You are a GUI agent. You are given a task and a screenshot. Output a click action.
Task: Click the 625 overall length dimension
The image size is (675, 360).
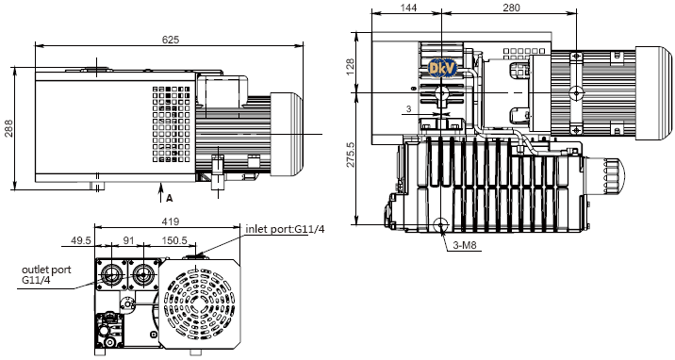click(x=171, y=40)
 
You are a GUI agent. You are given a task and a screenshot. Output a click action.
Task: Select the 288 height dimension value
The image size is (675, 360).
click(x=8, y=128)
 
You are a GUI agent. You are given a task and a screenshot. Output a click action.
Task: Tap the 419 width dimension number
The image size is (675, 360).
click(x=171, y=221)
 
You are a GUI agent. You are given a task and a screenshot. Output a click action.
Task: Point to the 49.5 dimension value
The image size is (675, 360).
click(x=81, y=240)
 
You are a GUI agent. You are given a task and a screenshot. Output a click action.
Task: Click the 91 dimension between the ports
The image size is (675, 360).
click(x=129, y=240)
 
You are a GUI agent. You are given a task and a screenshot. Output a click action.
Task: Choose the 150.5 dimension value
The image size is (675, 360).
click(x=174, y=240)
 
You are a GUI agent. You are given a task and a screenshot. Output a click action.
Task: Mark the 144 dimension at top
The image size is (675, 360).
click(x=408, y=8)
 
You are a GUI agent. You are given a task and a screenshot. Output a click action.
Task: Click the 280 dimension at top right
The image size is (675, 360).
click(x=511, y=8)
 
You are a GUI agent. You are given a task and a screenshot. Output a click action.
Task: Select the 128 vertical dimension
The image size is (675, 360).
click(x=350, y=67)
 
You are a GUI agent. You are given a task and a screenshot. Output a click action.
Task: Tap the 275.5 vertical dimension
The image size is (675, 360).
click(x=351, y=155)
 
